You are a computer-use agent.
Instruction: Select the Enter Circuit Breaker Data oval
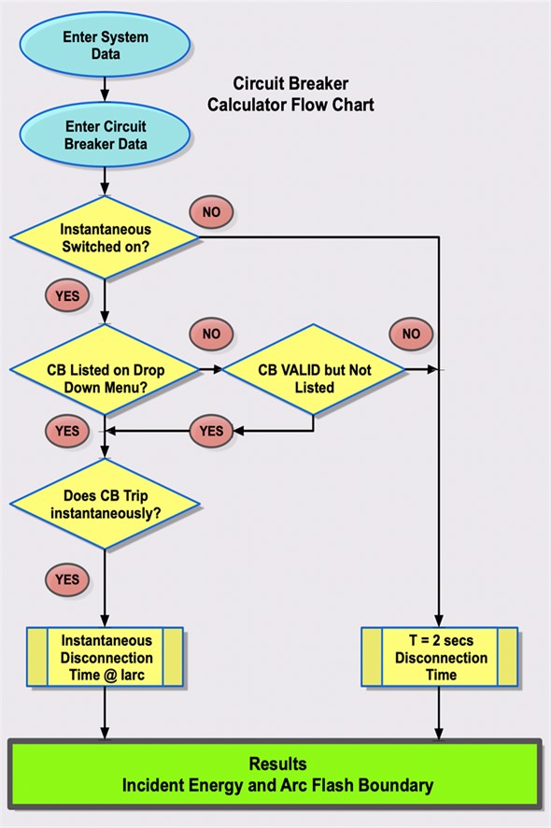coord(106,135)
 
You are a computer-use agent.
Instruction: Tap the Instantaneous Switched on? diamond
coord(105,237)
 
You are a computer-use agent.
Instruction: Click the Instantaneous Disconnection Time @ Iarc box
coord(106,657)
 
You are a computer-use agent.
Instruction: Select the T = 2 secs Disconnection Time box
coord(439,657)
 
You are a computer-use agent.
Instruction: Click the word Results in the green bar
coord(276,764)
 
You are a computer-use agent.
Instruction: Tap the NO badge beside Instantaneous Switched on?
coord(211,212)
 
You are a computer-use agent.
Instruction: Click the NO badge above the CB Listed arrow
coord(211,334)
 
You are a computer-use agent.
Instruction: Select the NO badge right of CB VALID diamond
coord(411,334)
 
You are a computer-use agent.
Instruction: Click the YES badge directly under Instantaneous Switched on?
coord(67,297)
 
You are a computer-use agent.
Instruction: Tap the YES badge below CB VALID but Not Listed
coord(212,431)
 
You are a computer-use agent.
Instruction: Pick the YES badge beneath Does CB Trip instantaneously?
coord(67,579)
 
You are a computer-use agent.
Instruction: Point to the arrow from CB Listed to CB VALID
coord(211,370)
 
